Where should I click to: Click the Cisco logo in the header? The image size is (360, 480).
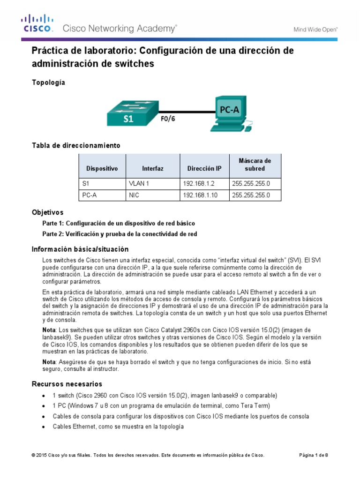pyautogui.click(x=38, y=24)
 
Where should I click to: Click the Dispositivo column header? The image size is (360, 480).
pyautogui.click(x=102, y=168)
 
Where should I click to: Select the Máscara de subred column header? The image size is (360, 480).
pyautogui.click(x=255, y=165)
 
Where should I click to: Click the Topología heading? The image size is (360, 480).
pyautogui.click(x=48, y=82)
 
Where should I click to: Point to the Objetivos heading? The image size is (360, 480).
pyautogui.click(x=47, y=212)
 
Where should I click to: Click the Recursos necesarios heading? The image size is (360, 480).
pyautogui.click(x=67, y=384)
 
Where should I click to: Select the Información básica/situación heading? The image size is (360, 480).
pyautogui.click(x=80, y=249)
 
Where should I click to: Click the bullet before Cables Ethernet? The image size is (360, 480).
pyautogui.click(x=44, y=427)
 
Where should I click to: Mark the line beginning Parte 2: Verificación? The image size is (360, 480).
pyautogui.click(x=120, y=234)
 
